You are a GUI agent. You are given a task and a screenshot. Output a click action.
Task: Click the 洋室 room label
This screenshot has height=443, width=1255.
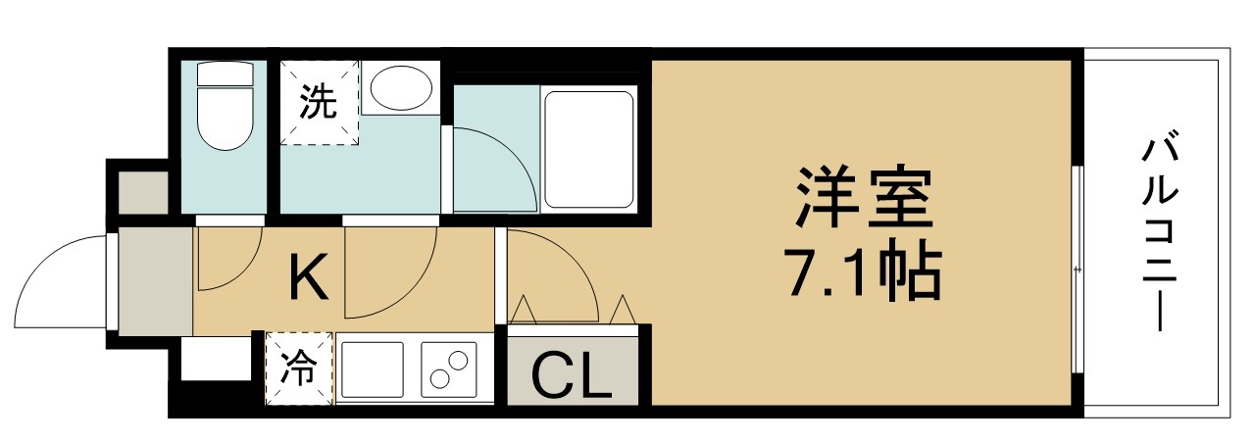pyautogui.click(x=865, y=197)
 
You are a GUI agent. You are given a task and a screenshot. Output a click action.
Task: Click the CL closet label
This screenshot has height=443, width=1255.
pyautogui.click(x=571, y=376)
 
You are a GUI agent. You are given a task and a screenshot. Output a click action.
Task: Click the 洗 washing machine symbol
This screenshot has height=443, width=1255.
pyautogui.click(x=320, y=103)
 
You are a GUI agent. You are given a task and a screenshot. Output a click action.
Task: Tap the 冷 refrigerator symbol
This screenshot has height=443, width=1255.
pyautogui.click(x=299, y=368)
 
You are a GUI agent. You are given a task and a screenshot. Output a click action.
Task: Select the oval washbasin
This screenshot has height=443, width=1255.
pyautogui.click(x=402, y=88)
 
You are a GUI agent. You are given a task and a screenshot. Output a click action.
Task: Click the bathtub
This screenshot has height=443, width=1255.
pyautogui.click(x=589, y=150)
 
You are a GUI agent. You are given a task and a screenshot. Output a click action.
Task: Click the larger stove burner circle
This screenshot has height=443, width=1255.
pyautogui.click(x=441, y=379)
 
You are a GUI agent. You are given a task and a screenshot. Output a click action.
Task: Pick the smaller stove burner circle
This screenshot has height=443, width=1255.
pyautogui.click(x=458, y=360)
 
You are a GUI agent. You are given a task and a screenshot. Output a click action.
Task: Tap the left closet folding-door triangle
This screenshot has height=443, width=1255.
pyautogui.click(x=524, y=309)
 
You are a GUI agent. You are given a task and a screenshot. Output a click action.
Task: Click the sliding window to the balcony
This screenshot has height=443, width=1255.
pyautogui.click(x=1077, y=269)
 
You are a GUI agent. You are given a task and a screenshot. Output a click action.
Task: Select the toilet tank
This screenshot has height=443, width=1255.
pyautogui.click(x=226, y=74)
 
